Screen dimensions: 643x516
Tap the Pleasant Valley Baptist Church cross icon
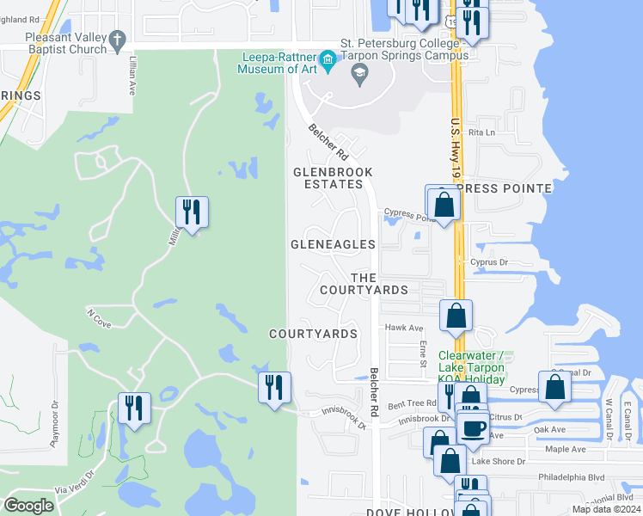[118, 39]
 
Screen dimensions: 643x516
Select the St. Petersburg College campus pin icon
[358, 76]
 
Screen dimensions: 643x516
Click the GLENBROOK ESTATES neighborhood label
[334, 178]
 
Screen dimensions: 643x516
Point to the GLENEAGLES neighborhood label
[333, 244]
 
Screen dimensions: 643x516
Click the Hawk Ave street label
[404, 328]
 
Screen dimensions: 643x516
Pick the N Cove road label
[100, 316]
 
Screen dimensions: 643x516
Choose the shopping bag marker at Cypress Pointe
[444, 205]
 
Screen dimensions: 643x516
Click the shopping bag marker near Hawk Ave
[456, 315]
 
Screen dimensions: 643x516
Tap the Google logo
[29, 506]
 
